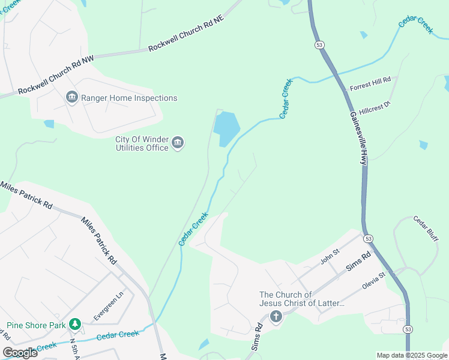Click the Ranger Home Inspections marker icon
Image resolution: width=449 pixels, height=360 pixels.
tap(72, 97)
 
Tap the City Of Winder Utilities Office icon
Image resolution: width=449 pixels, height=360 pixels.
tap(178, 143)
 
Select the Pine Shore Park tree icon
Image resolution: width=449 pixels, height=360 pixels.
tap(74, 325)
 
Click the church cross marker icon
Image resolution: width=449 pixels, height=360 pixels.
tap(276, 316)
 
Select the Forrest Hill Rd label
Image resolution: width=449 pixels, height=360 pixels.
tap(370, 83)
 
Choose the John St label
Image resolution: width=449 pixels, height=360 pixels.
tap(330, 259)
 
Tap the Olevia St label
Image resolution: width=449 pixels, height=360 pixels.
tap(376, 282)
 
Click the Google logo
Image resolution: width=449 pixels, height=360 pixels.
tap(19, 353)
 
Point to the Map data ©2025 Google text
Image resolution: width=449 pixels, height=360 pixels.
tap(411, 355)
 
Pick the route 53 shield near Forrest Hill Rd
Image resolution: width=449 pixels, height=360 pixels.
tap(318, 44)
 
